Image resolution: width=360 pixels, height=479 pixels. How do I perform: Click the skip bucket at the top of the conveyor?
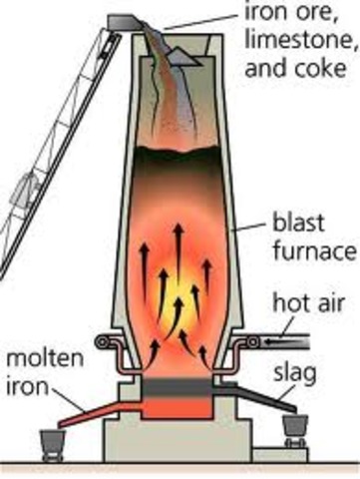tap(127, 21)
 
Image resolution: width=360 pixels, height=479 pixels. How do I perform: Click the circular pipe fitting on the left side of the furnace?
tap(101, 342)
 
